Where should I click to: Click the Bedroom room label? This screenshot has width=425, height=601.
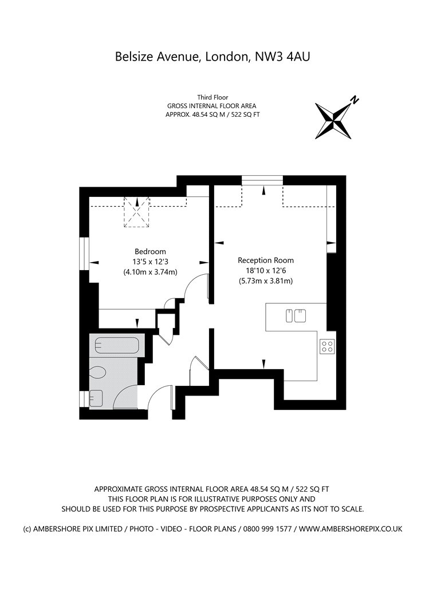(x=150, y=252)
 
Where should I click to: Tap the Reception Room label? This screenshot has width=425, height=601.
(x=265, y=260)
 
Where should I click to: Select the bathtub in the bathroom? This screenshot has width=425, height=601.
(x=117, y=345)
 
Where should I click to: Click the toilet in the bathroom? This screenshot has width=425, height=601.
(x=97, y=372)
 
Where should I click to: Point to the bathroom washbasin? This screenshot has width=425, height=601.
(x=96, y=398)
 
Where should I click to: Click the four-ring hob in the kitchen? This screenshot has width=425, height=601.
(x=327, y=347)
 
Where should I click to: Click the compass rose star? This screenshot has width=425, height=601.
(x=333, y=120)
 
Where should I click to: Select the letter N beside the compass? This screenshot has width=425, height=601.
(x=355, y=100)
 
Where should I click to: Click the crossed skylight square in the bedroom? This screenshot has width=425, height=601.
(x=136, y=212)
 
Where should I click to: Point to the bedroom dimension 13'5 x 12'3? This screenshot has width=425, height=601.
(x=150, y=262)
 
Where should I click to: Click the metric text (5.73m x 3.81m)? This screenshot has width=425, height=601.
(x=265, y=280)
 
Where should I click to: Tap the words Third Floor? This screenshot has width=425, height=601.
(x=213, y=97)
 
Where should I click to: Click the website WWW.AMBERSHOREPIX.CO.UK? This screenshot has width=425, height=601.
(x=351, y=529)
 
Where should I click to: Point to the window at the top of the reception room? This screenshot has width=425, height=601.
(x=262, y=180)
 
